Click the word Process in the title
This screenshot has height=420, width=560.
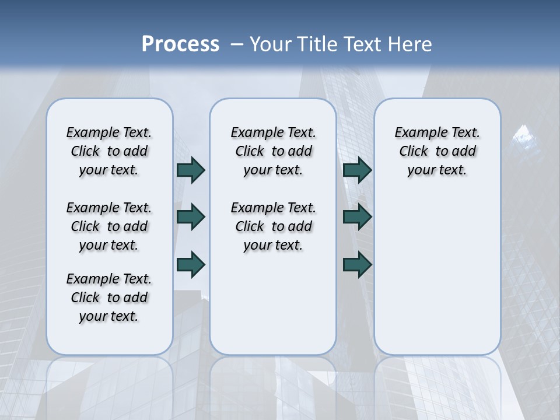[x=180, y=44]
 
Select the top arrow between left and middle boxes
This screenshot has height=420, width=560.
[x=191, y=170]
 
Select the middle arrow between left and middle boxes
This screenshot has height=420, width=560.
[x=191, y=217]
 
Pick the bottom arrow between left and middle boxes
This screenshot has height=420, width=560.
[x=191, y=264]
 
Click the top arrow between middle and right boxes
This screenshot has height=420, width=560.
[x=357, y=170]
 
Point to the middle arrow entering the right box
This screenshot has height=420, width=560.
[x=357, y=217]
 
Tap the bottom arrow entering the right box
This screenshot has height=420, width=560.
[x=357, y=264]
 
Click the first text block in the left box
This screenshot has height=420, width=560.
[x=109, y=151]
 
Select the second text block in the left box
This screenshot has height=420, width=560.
[x=109, y=226]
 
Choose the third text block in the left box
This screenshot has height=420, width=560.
[x=109, y=297]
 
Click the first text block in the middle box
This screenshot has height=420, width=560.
[x=274, y=151]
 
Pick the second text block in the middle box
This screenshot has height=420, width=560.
[x=274, y=226]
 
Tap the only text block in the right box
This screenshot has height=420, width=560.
[x=437, y=151]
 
